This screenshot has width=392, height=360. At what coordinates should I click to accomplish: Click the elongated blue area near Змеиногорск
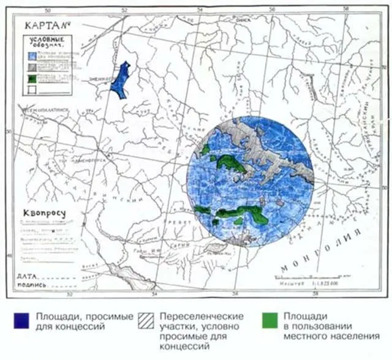[x=123, y=78]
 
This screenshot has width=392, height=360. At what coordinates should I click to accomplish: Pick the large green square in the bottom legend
[x=269, y=321]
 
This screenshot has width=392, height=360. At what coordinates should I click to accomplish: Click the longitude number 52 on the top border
[x=124, y=10]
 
